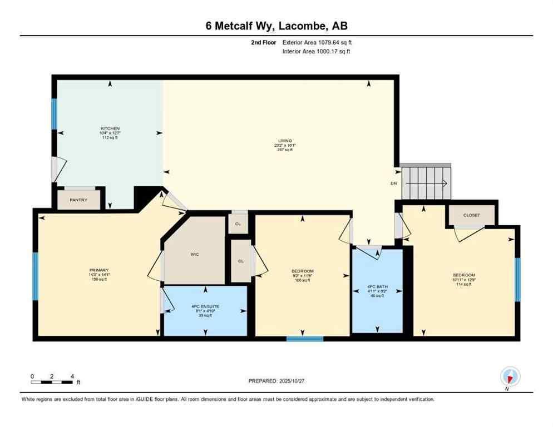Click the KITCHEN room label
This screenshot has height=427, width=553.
110,128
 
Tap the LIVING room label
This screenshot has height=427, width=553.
285,141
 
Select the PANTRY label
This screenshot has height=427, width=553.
78,200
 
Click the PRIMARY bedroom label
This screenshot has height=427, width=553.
98,270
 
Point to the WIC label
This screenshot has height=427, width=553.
195,254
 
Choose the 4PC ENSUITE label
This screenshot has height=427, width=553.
205,306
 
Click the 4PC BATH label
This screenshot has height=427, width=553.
378,287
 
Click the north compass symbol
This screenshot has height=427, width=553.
510,376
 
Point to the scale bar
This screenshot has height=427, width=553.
52,382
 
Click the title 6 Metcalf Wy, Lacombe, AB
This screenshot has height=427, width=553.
276,26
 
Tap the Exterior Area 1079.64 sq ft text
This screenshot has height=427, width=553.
317,42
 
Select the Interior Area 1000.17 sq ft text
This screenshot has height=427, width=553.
316,51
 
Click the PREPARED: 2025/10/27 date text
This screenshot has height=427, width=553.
276,381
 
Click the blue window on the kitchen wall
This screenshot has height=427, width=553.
55,113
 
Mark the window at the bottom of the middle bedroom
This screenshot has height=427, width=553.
304,338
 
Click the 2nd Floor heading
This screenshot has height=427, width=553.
264,42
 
